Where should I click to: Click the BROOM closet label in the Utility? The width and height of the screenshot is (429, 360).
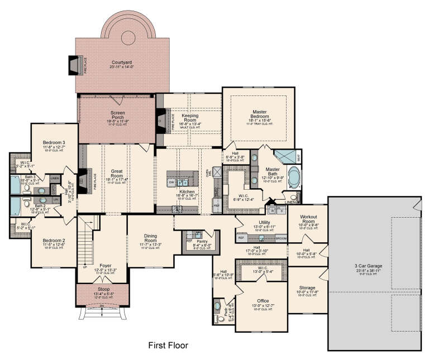click(x=280, y=238)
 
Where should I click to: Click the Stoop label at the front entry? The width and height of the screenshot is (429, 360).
click(x=102, y=288)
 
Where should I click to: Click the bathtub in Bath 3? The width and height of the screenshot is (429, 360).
click(x=16, y=184)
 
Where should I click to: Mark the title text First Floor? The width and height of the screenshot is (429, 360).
click(x=168, y=345)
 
